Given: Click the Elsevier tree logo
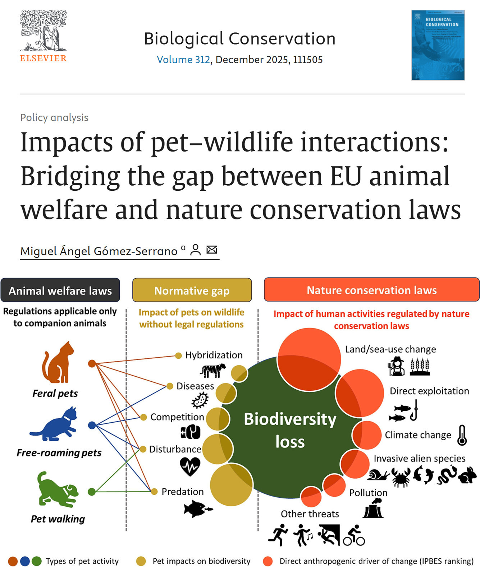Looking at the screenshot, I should [x=44, y=31].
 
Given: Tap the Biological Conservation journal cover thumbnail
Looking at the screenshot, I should [x=438, y=45].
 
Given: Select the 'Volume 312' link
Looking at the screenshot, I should [x=183, y=60].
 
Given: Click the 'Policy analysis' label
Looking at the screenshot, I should [x=54, y=117].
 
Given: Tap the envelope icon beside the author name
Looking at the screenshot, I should [x=212, y=250].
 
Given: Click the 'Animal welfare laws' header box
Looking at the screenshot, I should [x=60, y=290].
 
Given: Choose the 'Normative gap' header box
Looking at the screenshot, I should [x=192, y=290].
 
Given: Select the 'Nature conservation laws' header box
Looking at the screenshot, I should [x=371, y=290].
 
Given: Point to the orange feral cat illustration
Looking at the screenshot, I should [x=58, y=363].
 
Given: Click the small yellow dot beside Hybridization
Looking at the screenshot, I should [x=178, y=356].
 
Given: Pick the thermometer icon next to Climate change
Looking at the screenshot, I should [x=462, y=435].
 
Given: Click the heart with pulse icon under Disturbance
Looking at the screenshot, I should [x=190, y=466].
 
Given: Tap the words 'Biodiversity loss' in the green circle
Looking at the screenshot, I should [x=290, y=430].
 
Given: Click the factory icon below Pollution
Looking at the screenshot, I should [x=373, y=508].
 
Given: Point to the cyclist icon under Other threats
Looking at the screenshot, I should [x=354, y=536].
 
